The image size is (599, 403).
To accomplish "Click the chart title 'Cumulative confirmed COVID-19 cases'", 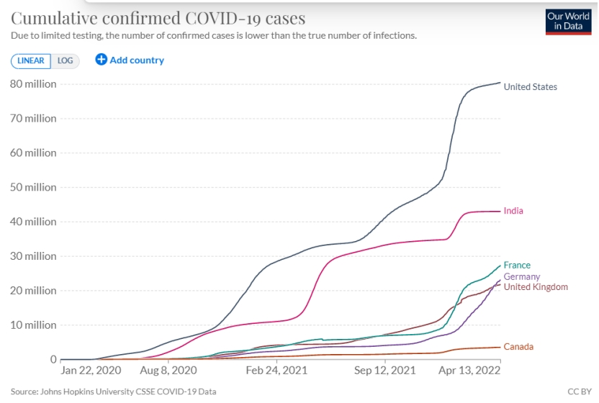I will pyautogui.click(x=158, y=18).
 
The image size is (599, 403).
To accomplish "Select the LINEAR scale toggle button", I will pyautogui.click(x=30, y=60).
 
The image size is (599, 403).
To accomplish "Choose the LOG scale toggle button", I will pyautogui.click(x=65, y=60).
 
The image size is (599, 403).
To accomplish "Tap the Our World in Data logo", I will pyautogui.click(x=569, y=22).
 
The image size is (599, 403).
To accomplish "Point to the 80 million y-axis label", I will pyautogui.click(x=33, y=84).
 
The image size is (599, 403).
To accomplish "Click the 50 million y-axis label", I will pyautogui.click(x=33, y=187).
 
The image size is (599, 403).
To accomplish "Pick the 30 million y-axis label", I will pyautogui.click(x=33, y=256).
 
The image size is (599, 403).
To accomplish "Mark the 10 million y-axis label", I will pyautogui.click(x=33, y=325).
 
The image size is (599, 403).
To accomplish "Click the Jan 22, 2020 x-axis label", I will pyautogui.click(x=91, y=372).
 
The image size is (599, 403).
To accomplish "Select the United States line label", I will pyautogui.click(x=531, y=87).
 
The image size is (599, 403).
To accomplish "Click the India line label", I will pyautogui.click(x=513, y=211).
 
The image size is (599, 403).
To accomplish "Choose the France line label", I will pyautogui.click(x=517, y=266).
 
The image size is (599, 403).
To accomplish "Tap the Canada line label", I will pyautogui.click(x=518, y=347).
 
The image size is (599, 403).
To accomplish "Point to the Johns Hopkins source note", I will pyautogui.click(x=113, y=391).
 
